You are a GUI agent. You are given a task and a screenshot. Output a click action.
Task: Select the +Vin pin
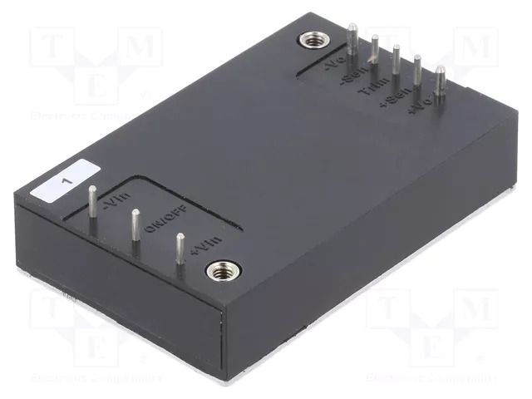tap(179, 252)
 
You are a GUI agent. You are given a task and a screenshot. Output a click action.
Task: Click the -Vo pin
tap(354, 46)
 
